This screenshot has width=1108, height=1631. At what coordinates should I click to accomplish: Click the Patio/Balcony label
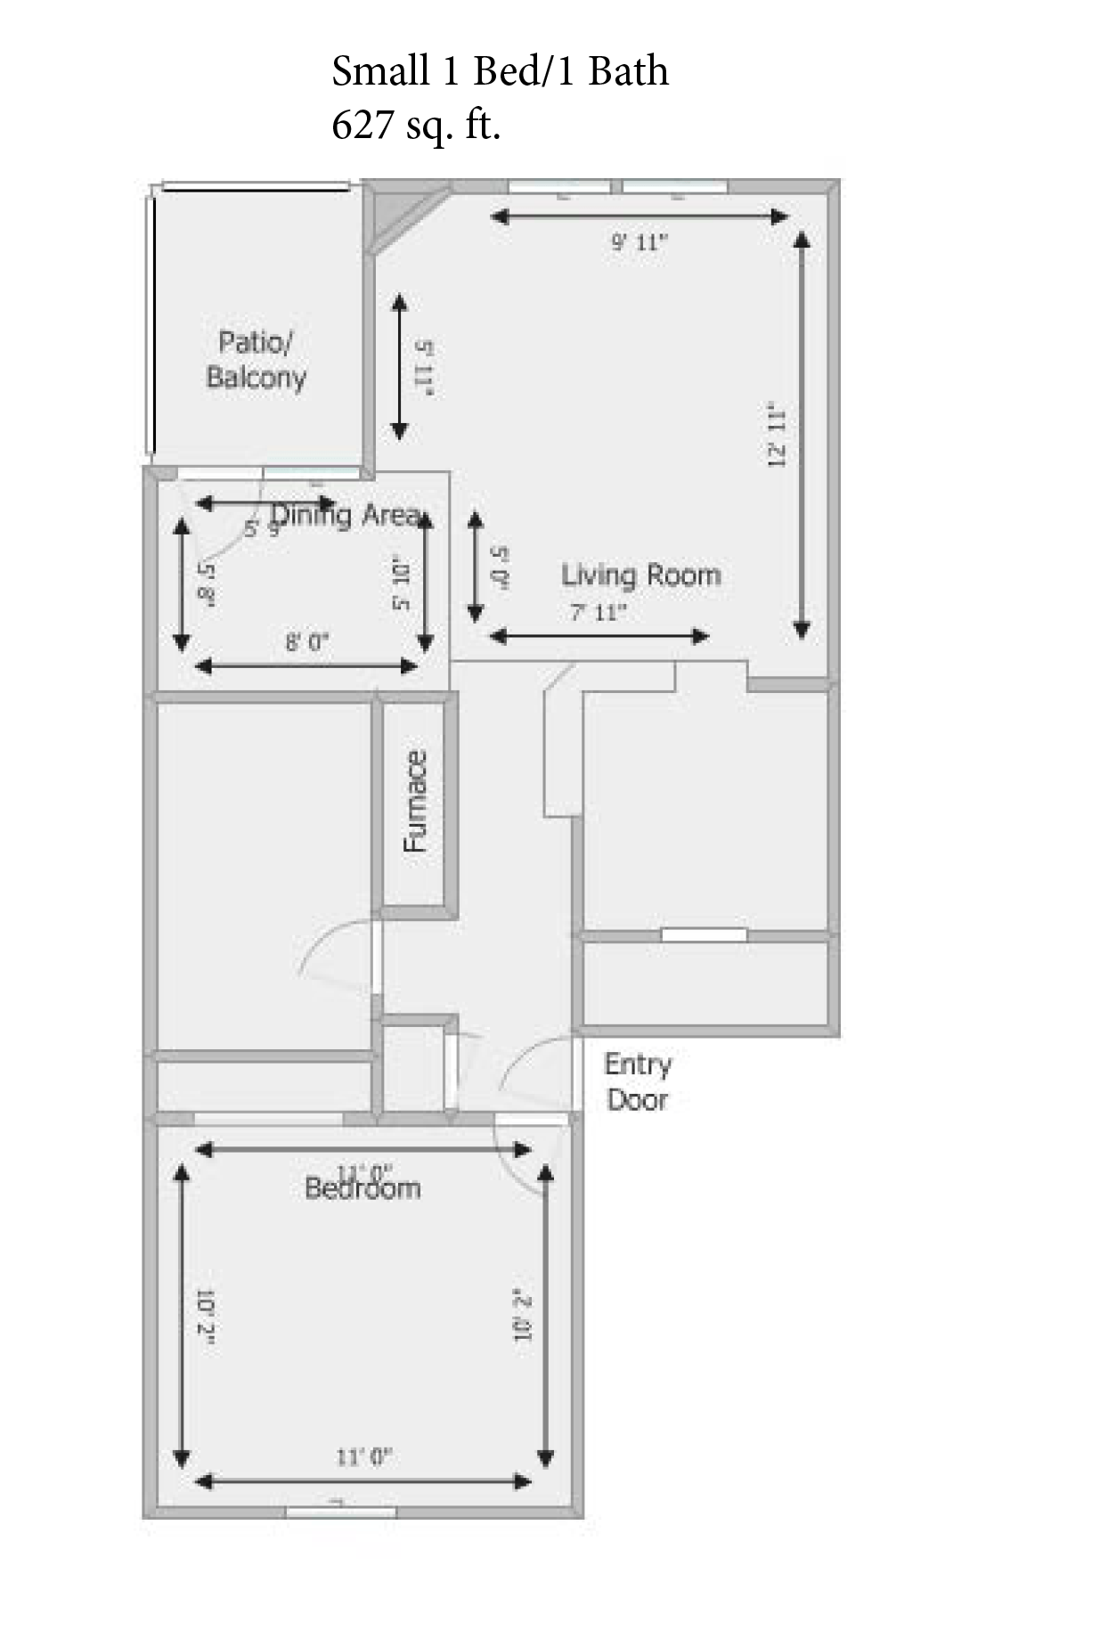click(256, 360)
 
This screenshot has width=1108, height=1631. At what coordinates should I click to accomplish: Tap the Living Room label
click(640, 575)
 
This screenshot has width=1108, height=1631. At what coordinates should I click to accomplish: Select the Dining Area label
click(347, 515)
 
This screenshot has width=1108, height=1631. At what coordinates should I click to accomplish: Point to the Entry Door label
click(637, 1081)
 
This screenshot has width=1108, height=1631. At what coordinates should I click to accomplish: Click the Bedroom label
click(363, 1188)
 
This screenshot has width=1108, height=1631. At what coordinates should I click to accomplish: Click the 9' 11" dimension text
click(639, 242)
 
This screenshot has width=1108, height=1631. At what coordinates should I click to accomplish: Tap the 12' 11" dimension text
click(776, 436)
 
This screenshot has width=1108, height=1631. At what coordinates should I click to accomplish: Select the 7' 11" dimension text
click(598, 613)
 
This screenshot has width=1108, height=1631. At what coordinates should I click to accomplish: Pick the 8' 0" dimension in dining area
click(307, 642)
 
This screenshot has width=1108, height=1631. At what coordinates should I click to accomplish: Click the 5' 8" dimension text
click(207, 583)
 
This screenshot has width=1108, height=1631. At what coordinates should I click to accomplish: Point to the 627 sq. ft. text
click(416, 124)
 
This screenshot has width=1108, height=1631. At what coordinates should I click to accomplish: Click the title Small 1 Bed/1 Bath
click(500, 71)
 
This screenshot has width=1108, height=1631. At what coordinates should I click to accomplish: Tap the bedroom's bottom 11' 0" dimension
click(363, 1457)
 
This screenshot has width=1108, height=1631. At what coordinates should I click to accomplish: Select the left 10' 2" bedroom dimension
click(207, 1316)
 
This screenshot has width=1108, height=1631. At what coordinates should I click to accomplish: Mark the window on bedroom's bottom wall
click(341, 1512)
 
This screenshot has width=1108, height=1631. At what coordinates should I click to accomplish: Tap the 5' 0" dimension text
click(500, 568)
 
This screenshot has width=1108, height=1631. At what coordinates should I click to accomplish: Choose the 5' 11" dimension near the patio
click(424, 367)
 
